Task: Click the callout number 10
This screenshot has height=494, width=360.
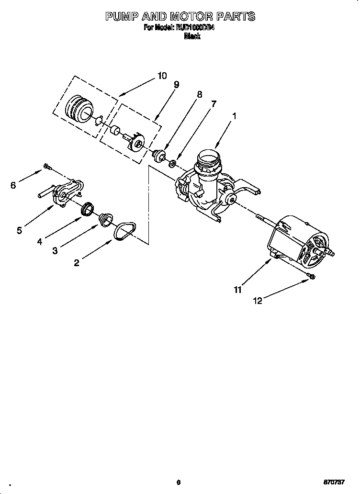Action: tap(162, 76)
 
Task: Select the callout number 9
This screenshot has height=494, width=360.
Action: tap(176, 85)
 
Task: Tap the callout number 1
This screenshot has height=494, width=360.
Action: tap(235, 116)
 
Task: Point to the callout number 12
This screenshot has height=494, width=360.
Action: tap(258, 301)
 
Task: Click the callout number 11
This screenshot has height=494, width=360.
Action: tap(238, 289)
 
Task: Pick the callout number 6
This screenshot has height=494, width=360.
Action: tap(13, 185)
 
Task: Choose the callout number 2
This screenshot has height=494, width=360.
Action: tap(77, 262)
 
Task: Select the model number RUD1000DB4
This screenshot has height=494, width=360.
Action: tap(193, 28)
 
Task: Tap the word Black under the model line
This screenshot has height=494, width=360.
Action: tap(192, 36)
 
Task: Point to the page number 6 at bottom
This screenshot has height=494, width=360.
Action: tap(178, 483)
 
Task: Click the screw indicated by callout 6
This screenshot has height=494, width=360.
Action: tap(46, 166)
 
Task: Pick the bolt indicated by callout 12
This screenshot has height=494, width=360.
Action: tap(311, 276)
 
